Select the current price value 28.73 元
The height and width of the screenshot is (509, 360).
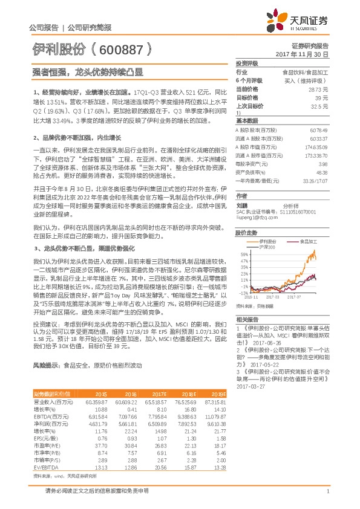coord(318,89)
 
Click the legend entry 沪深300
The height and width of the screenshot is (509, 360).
coord(267,247)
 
